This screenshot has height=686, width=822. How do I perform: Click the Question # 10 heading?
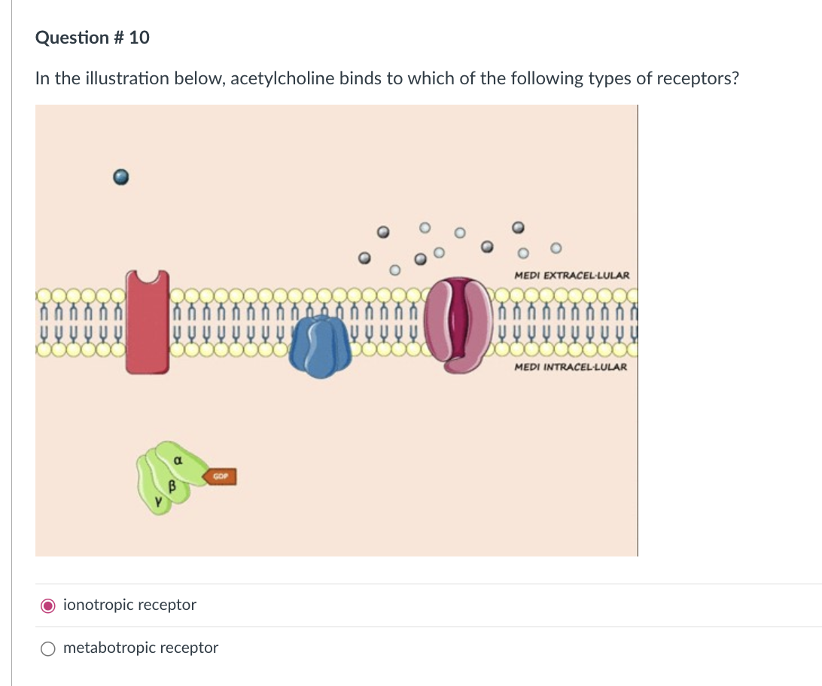(x=92, y=37)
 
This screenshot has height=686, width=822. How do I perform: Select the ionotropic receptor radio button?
(x=48, y=605)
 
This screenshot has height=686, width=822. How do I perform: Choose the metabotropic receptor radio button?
(x=48, y=648)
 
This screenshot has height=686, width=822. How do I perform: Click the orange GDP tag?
(x=221, y=477)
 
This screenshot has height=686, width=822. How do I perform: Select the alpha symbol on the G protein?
(x=178, y=459)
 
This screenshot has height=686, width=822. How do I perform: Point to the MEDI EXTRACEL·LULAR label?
(x=572, y=276)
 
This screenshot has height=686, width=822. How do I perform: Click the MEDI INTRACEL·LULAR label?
(x=571, y=367)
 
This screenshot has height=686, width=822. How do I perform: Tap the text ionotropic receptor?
(x=129, y=605)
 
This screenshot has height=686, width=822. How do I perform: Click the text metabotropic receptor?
(x=141, y=648)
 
